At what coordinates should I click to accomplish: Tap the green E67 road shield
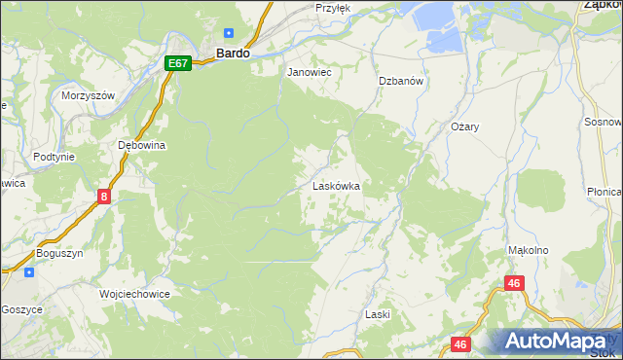pyautogui.click(x=176, y=63)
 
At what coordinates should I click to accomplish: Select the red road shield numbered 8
pyautogui.click(x=104, y=197)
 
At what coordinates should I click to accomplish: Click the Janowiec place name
pyautogui.click(x=310, y=72)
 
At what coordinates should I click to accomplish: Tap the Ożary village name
pyautogui.click(x=465, y=127)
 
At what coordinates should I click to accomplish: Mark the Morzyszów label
pyautogui.click(x=89, y=95)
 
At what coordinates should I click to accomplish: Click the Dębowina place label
pyautogui.click(x=142, y=145)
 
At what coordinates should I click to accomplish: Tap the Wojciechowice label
pyautogui.click(x=134, y=293)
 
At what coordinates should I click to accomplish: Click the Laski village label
pyautogui.click(x=377, y=314)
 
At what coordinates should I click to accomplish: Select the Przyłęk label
pyautogui.click(x=332, y=7)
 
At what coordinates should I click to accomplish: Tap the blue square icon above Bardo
pyautogui.click(x=229, y=32)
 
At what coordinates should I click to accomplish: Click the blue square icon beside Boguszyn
pyautogui.click(x=29, y=271)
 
